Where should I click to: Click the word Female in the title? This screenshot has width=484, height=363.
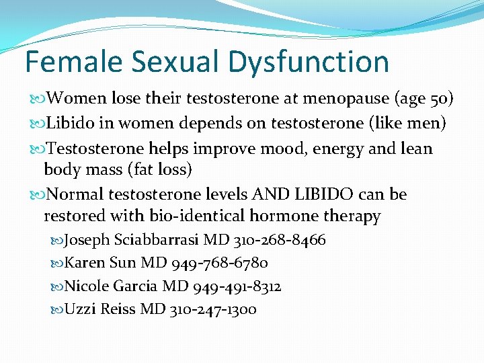coord(74,62)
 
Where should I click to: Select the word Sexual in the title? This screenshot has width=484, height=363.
coord(178,62)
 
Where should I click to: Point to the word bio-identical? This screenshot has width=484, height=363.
coord(179,216)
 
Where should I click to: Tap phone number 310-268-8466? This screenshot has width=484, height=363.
coord(284,240)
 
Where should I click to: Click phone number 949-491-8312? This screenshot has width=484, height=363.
coord(237,286)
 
